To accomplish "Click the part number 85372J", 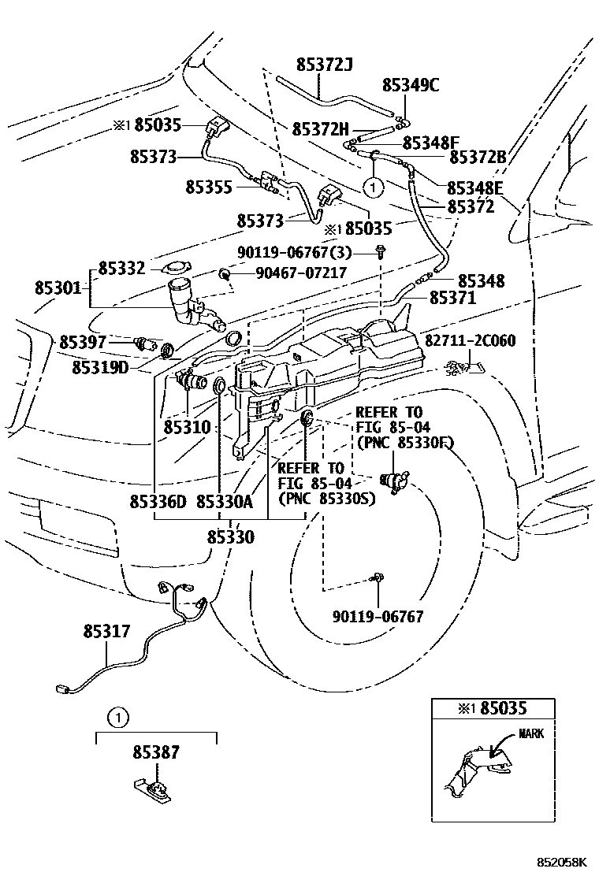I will click(x=325, y=65).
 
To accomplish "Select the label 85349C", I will click(x=411, y=85).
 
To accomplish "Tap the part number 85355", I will click(x=209, y=187).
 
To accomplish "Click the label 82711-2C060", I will click(x=471, y=340).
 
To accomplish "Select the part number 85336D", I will click(x=158, y=502).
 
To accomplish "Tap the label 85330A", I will click(x=225, y=502).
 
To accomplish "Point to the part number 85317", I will click(x=107, y=631).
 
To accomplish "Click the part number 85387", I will click(x=155, y=753).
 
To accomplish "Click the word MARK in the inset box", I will click(x=531, y=733).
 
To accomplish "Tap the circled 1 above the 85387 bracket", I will click(x=117, y=718).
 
